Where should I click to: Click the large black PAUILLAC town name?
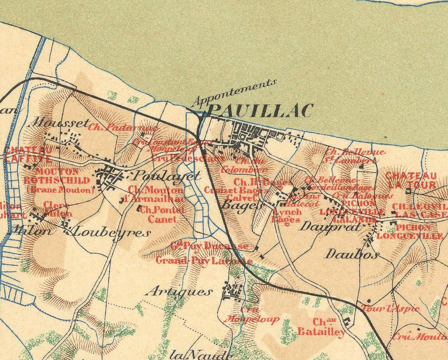(260, 111)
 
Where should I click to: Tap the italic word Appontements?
(234, 92)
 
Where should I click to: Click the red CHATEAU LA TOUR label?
(411, 180)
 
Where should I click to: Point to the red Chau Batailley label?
(321, 327)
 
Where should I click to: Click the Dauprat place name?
(331, 227)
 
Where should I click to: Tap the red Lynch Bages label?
(287, 216)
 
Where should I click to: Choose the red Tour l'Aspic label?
(391, 309)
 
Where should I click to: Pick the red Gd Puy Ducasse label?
(209, 246)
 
